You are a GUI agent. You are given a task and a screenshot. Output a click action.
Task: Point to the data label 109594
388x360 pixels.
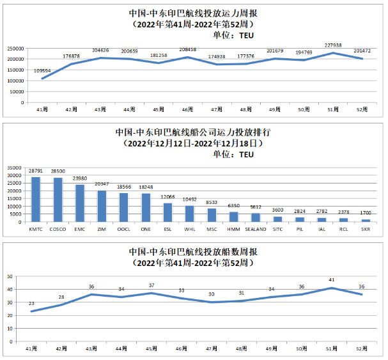(42, 72)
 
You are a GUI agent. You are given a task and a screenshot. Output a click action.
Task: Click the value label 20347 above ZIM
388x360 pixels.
(102, 184)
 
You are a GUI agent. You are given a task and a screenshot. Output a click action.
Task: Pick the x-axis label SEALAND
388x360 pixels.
(256, 228)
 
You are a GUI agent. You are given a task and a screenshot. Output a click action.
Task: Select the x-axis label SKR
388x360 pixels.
(366, 228)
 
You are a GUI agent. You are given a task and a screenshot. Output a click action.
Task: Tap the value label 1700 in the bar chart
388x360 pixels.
(366, 213)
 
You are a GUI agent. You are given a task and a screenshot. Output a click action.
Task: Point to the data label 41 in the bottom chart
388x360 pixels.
(331, 280)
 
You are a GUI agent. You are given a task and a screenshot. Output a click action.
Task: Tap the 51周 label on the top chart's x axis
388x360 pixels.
(332, 109)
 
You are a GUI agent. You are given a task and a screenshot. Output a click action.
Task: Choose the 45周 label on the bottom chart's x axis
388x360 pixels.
(151, 349)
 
